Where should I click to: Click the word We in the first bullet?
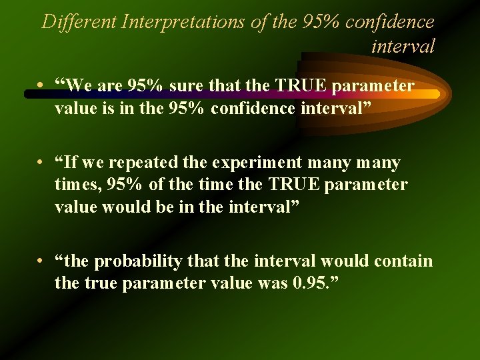pos(78,86)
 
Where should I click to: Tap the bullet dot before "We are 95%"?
pos(41,86)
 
